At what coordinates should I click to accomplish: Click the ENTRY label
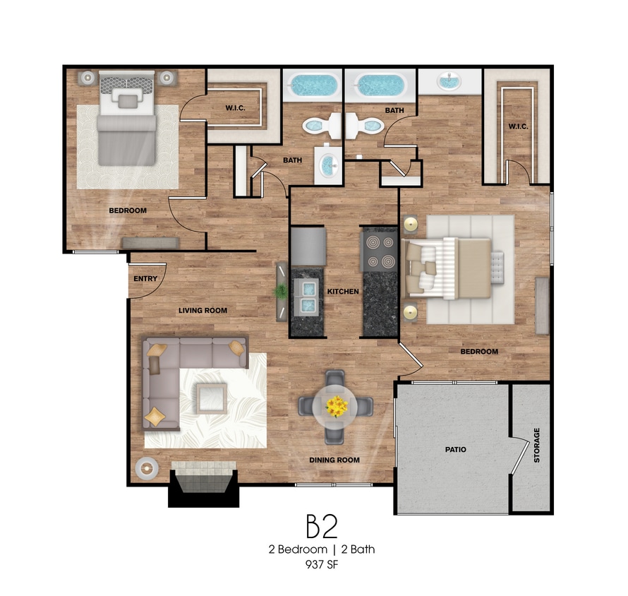[x=145, y=278]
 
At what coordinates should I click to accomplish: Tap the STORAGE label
[x=537, y=446]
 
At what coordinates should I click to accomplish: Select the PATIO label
[x=456, y=450]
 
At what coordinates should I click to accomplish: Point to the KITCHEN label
[x=343, y=292]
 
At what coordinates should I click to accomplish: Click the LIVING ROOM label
[x=203, y=310]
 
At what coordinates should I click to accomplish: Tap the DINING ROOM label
[x=334, y=460]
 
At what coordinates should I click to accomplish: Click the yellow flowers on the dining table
[x=337, y=406]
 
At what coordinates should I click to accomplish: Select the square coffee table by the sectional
[x=212, y=398]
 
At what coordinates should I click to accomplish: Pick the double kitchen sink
[x=308, y=297]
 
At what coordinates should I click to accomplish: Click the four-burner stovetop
[x=380, y=252]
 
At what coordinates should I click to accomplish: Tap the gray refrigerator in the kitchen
[x=308, y=246]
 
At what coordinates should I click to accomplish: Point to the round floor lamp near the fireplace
[x=147, y=468]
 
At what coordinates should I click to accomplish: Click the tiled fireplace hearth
[x=203, y=476]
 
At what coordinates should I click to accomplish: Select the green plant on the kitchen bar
[x=281, y=290]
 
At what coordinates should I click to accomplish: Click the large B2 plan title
[x=322, y=526]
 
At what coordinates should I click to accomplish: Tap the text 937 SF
[x=322, y=564]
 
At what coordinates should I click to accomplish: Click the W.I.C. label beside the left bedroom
[x=235, y=108]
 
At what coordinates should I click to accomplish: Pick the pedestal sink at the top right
[x=450, y=81]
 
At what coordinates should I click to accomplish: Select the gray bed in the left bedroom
[x=126, y=119]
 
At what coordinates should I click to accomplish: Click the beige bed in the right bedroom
[x=449, y=268]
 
